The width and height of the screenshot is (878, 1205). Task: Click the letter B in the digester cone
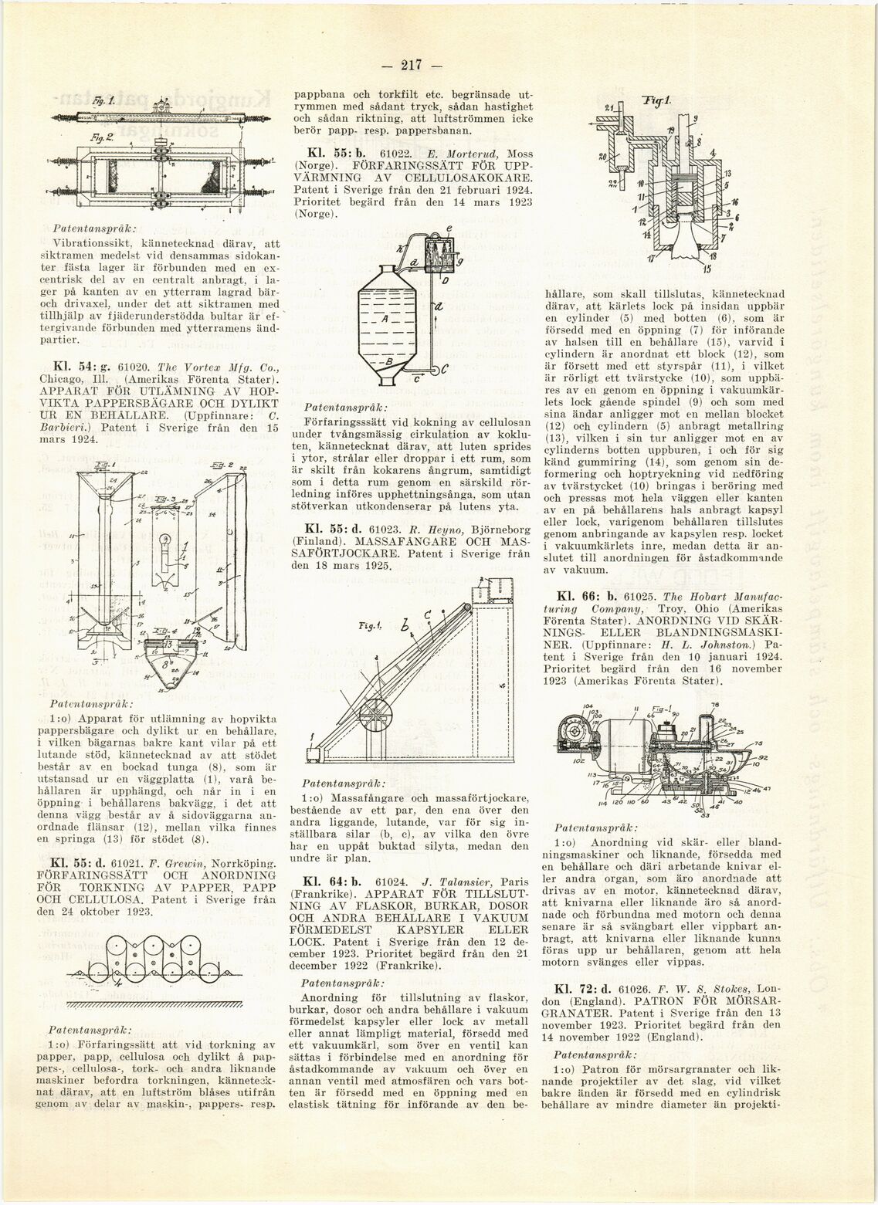389,362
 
